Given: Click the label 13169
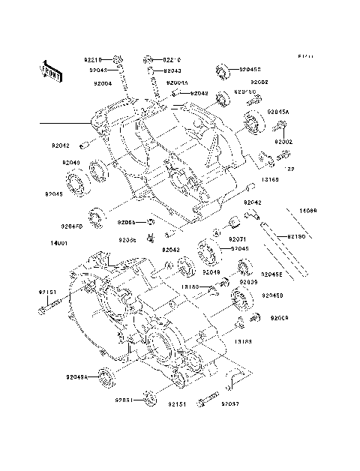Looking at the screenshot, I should tap(270, 180).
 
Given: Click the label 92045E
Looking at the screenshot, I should tap(274, 274).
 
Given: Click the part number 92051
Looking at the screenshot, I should tap(124, 400).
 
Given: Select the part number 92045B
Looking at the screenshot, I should tap(250, 69).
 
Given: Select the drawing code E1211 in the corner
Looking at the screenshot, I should tap(304, 56).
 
